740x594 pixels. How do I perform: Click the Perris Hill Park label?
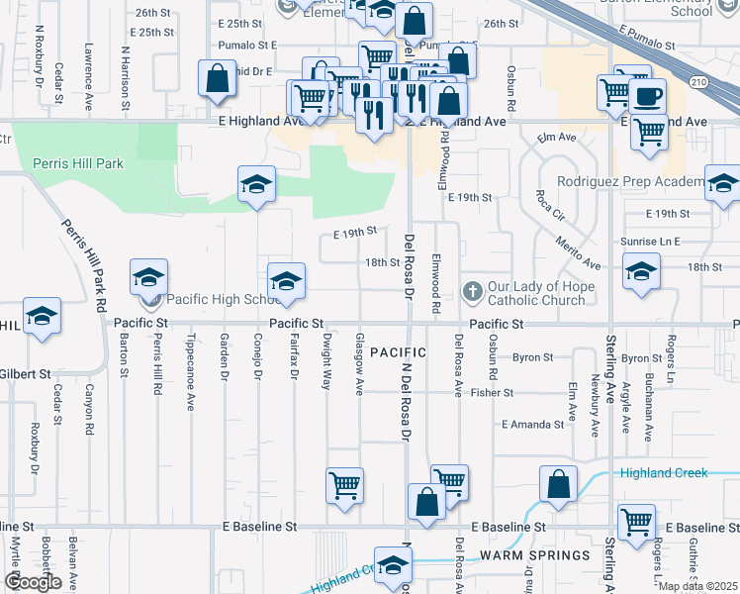[78, 163]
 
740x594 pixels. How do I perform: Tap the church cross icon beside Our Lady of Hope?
[473, 291]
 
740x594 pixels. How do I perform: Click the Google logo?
[33, 582]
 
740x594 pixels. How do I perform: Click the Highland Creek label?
[663, 473]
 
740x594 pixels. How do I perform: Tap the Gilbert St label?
[25, 374]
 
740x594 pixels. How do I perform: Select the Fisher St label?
[492, 393]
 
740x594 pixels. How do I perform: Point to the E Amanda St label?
[532, 425]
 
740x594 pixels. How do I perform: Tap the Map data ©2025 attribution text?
[698, 586]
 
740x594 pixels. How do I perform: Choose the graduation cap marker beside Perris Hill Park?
[256, 185]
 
